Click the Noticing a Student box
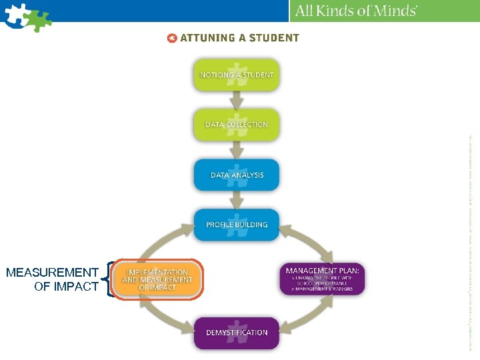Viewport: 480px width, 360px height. tap(237, 75)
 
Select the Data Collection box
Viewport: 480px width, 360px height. tap(237, 124)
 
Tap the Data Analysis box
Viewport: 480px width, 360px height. tap(237, 175)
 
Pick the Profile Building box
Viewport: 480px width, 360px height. tap(237, 225)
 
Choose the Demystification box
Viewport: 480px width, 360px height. tap(237, 332)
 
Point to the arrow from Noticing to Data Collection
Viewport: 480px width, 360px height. tap(237, 99)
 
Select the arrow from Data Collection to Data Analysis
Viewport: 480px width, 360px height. tap(237, 149)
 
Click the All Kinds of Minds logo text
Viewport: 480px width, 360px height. tap(356, 11)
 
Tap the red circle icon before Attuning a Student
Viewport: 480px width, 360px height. tap(172, 38)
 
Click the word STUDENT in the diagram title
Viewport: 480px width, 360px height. tap(272, 38)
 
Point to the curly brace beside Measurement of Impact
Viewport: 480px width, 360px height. tap(107, 279)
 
